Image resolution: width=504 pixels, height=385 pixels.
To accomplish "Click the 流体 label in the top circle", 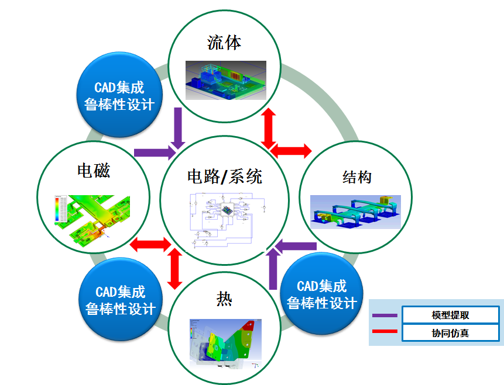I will (x=224, y=43).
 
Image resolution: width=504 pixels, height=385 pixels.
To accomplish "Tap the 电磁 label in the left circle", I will (x=94, y=171).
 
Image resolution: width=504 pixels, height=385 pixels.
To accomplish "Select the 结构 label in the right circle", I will (x=357, y=177).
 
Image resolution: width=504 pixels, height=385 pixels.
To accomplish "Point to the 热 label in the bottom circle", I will (x=224, y=300).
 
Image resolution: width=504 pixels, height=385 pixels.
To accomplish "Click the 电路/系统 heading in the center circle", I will (x=225, y=176).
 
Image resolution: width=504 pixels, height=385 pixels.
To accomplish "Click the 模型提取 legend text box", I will (x=450, y=315).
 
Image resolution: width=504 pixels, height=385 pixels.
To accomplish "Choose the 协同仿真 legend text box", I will (x=450, y=334).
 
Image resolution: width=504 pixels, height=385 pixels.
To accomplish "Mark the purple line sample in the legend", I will (x=385, y=315).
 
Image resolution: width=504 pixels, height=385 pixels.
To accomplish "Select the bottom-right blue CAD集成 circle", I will (x=321, y=294).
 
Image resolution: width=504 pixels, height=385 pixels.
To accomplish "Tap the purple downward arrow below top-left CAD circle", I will (x=179, y=129).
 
